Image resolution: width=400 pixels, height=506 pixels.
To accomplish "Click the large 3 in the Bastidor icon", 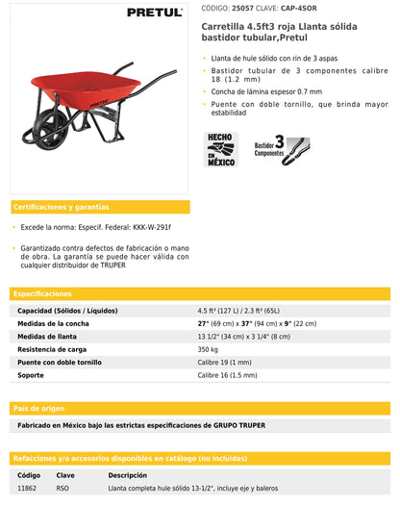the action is pyautogui.click(x=279, y=140).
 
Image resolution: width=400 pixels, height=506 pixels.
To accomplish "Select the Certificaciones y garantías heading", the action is pyautogui.click(x=60, y=207).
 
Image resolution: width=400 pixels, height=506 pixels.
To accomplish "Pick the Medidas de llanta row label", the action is pyautogui.click(x=48, y=337).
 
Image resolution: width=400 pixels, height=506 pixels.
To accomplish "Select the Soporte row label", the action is pyautogui.click(x=31, y=374).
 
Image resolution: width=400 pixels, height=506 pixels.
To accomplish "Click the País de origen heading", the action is pyautogui.click(x=39, y=408).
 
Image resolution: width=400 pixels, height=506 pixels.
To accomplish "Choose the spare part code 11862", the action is pyautogui.click(x=28, y=488).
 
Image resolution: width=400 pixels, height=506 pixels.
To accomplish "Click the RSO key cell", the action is pyautogui.click(x=62, y=488).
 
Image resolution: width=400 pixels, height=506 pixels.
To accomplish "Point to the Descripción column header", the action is pyautogui.click(x=127, y=475).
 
